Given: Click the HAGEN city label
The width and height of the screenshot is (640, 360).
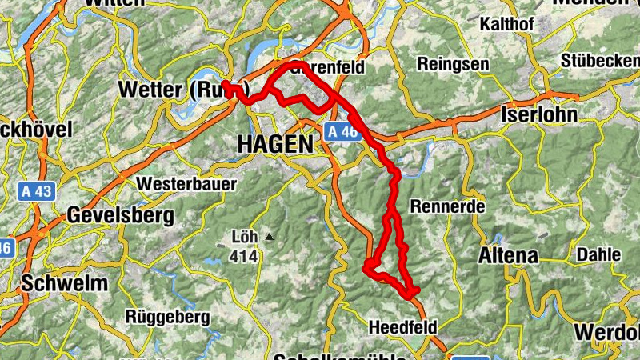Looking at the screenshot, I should coord(274,144).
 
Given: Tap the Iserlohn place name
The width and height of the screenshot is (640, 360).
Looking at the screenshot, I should coord(538,114).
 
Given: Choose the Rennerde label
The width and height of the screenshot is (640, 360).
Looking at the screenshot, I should coord(447,206).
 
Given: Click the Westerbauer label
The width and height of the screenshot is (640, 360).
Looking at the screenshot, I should coord(186,184).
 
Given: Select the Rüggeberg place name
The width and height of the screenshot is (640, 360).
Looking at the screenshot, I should coord(167,317).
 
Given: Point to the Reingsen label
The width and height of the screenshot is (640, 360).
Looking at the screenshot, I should coord(451,63).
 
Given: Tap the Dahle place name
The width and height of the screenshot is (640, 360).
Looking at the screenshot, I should coord(598,254).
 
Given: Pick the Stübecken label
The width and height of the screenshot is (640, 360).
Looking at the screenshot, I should coord(599,61).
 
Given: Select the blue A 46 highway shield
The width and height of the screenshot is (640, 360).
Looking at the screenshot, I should coord(342,132).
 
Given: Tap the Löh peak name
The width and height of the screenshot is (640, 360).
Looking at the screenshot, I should coord(242,238).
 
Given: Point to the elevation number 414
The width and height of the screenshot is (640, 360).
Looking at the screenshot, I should coord(244,257).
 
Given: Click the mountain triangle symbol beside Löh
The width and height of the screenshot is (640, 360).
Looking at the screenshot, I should coord(270,238).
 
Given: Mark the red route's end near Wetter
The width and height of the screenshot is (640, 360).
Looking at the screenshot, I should coord(226,84).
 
